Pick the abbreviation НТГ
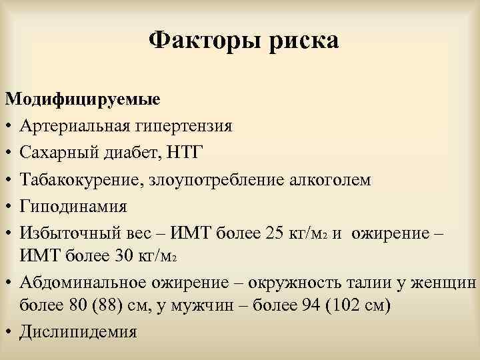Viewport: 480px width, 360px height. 198,153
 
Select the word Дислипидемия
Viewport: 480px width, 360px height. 79,332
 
